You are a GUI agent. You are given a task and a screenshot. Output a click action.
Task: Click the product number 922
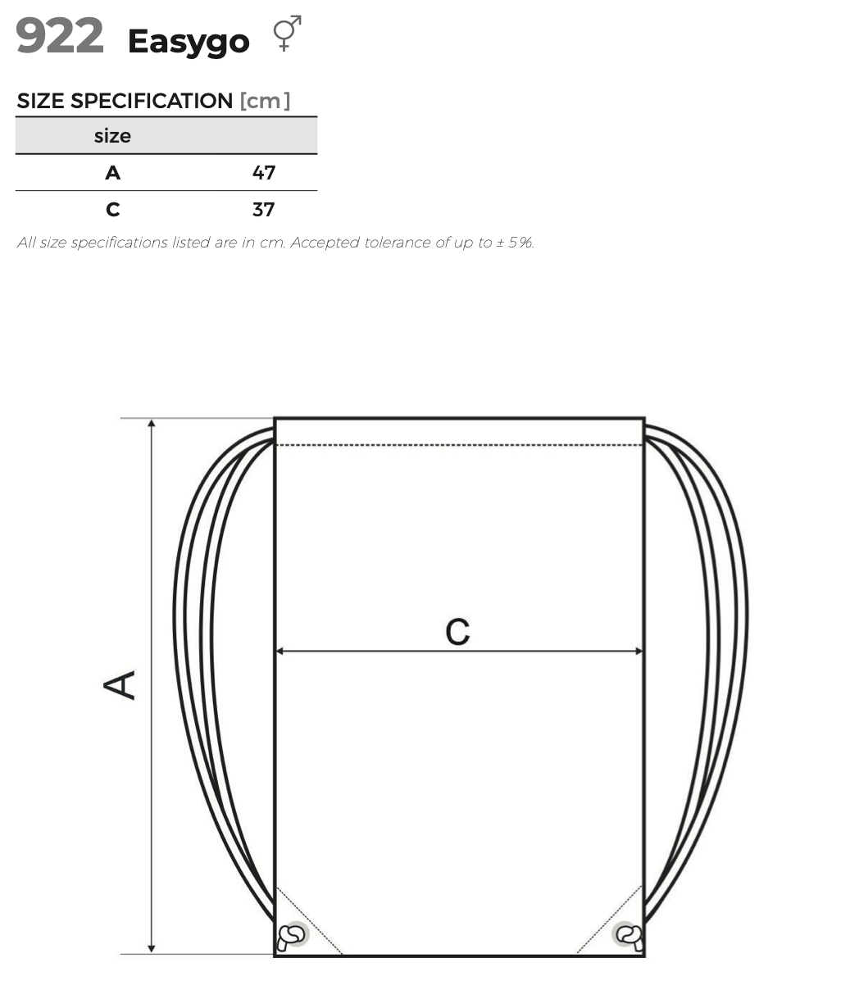point(60,36)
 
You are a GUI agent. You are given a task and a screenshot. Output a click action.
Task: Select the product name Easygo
point(189,42)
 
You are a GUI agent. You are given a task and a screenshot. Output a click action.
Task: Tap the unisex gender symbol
point(287,33)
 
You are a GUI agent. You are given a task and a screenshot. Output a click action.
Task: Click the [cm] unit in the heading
point(265,101)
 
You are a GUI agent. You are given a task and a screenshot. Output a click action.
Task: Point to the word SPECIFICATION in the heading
point(152,101)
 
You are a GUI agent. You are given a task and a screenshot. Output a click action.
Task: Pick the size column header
point(112,136)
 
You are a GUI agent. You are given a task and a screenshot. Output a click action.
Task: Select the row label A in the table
point(113,173)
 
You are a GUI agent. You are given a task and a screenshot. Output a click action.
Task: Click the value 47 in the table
point(264,173)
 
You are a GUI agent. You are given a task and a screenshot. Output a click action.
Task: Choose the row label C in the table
point(113,210)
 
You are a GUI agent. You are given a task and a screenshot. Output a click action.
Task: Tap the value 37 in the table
point(263,210)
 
